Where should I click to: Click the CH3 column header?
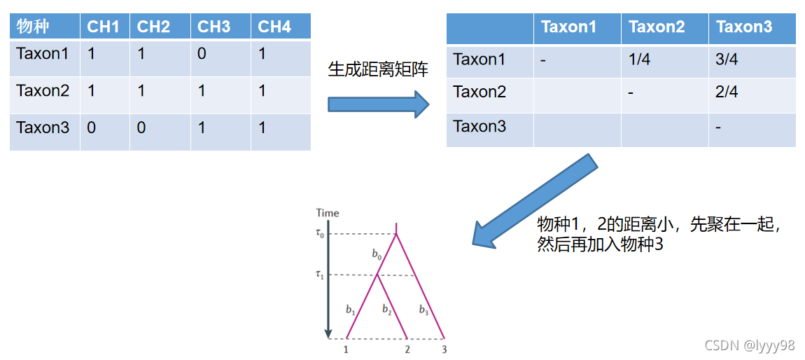pos(214,27)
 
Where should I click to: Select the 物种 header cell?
pos(34,27)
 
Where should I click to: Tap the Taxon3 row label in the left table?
pos(43,127)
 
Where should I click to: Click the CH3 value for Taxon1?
pos(202,53)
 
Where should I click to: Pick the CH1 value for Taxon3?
pos(91,127)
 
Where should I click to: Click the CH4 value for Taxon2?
pos(262,90)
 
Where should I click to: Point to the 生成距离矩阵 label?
pos(378,69)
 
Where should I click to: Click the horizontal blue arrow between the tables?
pos(378,104)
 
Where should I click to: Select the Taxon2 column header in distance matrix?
pos(657,27)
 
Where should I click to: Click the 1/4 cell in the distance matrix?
pos(639,60)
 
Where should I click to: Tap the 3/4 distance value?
pos(727,60)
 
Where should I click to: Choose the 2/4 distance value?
pos(727,92)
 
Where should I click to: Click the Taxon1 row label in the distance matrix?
pos(479,60)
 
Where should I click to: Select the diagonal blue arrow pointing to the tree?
pos(535,200)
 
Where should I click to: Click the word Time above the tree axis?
pos(328,213)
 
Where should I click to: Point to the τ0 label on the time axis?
pos(320,233)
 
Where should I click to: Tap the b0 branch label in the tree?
pos(377,254)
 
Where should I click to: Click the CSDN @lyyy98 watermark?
pos(749,345)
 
